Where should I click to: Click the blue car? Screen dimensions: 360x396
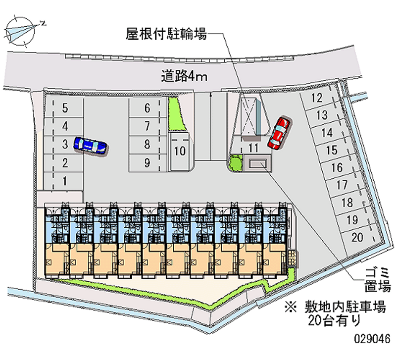click(90, 146)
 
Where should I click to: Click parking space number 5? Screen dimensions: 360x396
click(65, 108)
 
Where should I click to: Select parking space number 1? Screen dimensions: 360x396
click(65, 181)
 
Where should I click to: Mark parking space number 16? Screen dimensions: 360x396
click(337, 167)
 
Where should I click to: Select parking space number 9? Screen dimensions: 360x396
click(147, 162)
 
